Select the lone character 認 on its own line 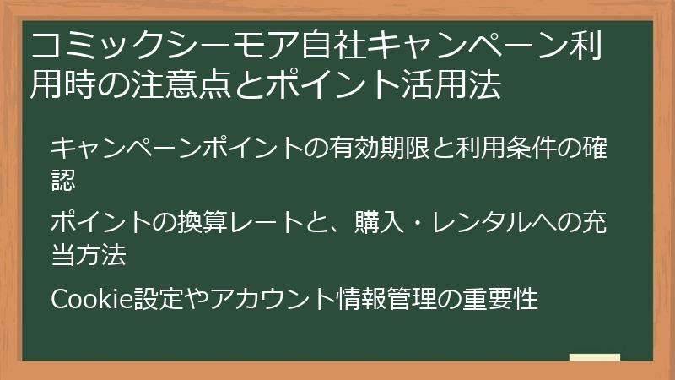click(63, 180)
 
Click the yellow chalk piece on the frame click(595, 356)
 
